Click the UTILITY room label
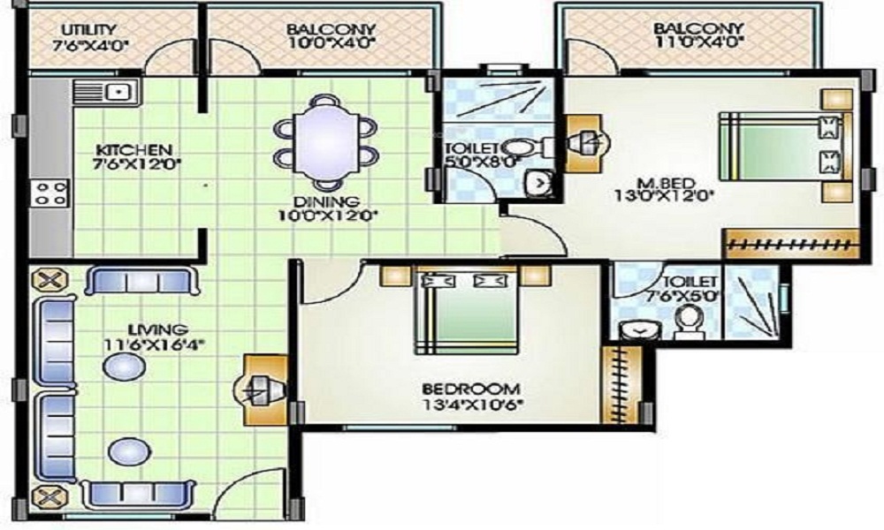click(x=89, y=29)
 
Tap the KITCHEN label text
click(x=133, y=150)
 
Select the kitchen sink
click(x=107, y=92)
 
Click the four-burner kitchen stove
click(x=50, y=193)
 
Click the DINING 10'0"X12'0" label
click(x=326, y=208)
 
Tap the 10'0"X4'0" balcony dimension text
click(x=331, y=43)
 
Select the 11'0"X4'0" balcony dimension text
click(x=699, y=42)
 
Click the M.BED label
click(x=666, y=183)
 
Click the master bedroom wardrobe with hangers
click(x=791, y=244)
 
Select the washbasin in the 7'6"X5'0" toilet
click(x=639, y=330)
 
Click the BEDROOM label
click(x=471, y=389)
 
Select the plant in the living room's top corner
click(x=49, y=280)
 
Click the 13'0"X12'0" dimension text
click(x=665, y=197)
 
